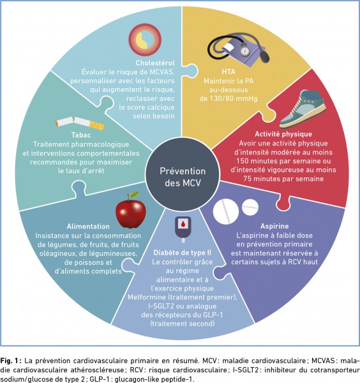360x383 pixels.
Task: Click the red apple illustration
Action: click(131, 211)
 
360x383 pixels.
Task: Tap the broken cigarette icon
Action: click(80, 123)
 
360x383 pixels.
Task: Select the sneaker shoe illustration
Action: click(303, 109)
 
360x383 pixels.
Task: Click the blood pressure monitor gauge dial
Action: click(244, 51)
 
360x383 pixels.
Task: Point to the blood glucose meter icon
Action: click(183, 229)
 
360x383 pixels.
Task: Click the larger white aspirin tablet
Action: click(226, 211)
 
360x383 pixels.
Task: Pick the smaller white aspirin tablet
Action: click(250, 207)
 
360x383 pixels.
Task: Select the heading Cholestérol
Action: click(155, 63)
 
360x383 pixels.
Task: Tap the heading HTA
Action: click(229, 71)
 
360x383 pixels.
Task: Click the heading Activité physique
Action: click(283, 134)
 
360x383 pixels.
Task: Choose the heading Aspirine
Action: click(274, 226)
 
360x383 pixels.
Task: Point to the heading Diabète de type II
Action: click(182, 253)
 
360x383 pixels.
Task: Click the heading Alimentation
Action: click(88, 227)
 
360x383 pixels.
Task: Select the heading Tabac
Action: click(81, 135)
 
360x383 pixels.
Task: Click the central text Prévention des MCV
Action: click(183, 177)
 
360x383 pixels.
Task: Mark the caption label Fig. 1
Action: click(11, 361)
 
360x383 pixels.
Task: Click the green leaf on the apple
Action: click(133, 195)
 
